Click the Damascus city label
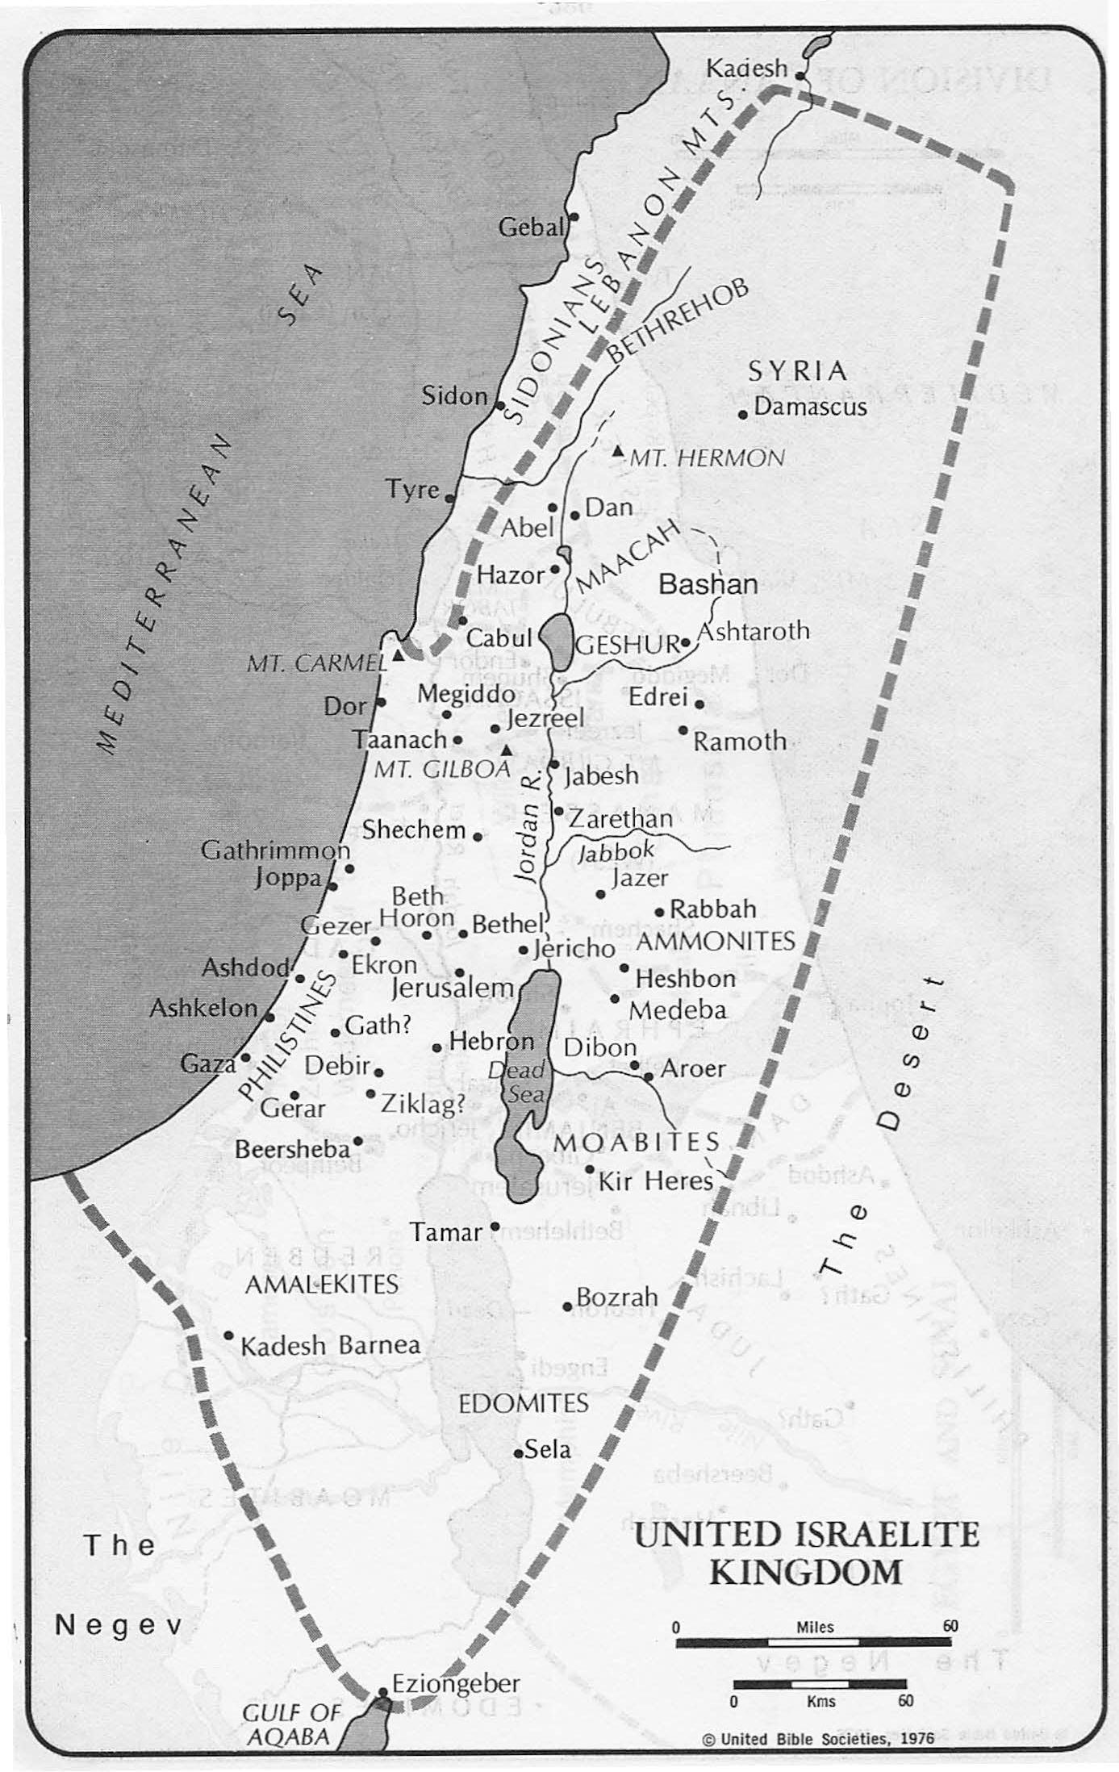tap(810, 406)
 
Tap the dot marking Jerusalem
tap(460, 973)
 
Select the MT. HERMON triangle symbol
tap(618, 451)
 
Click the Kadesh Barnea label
tap(331, 1345)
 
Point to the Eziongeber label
tap(456, 1683)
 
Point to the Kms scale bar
tap(819, 1683)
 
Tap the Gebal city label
tap(530, 228)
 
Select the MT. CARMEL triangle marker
tap(398, 655)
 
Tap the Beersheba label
tap(293, 1148)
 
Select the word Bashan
tap(708, 584)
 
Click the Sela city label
tap(548, 1449)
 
